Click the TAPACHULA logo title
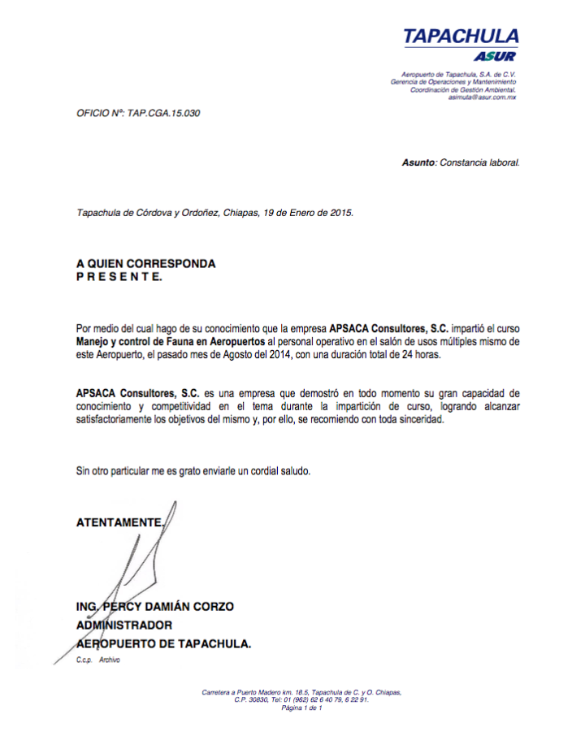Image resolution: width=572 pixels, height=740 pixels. point(461,37)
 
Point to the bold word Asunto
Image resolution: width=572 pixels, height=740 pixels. point(418,162)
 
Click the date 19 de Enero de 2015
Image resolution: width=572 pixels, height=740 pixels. point(308,213)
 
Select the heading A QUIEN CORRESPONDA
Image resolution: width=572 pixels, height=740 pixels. point(146,264)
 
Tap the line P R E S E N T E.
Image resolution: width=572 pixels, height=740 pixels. point(119,277)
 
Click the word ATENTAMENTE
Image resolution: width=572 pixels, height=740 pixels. point(119,522)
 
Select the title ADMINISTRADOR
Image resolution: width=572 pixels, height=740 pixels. point(124,625)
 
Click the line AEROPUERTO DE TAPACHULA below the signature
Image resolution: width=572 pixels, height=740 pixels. point(163,644)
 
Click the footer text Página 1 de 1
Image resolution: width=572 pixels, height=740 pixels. point(302,708)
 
